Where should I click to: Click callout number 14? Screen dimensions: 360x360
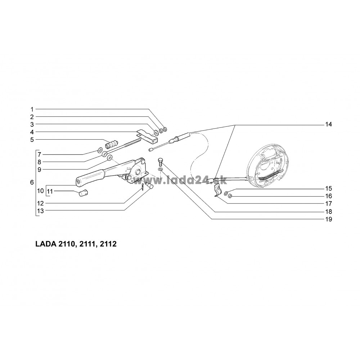click(x=329, y=125)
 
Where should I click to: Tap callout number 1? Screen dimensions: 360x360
click(x=32, y=109)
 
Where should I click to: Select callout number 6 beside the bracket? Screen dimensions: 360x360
click(x=32, y=182)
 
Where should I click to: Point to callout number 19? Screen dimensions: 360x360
click(x=329, y=219)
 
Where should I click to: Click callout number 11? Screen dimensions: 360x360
click(x=50, y=191)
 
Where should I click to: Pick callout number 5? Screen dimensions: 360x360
click(x=32, y=140)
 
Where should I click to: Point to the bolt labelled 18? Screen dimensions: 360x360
click(x=160, y=162)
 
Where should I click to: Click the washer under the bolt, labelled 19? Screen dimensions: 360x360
click(x=160, y=170)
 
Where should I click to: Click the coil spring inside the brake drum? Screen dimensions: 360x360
click(x=270, y=175)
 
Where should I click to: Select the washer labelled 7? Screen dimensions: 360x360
click(x=100, y=150)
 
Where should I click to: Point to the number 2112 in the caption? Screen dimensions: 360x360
click(x=108, y=244)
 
